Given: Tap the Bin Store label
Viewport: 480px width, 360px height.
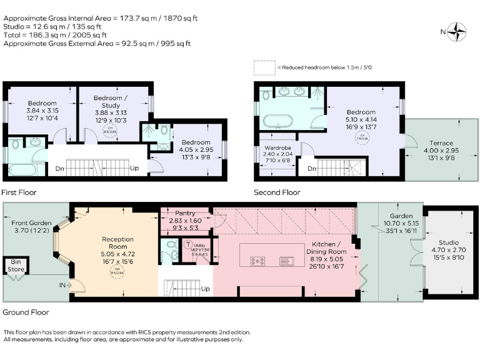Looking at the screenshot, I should click(x=13, y=265).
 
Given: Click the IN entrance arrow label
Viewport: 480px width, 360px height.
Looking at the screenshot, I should click(x=64, y=285).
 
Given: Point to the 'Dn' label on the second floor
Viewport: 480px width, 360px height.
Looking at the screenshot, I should click(x=311, y=169).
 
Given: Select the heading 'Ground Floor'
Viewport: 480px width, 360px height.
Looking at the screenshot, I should click(x=26, y=312).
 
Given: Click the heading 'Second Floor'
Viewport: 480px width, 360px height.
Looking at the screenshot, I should click(x=276, y=192).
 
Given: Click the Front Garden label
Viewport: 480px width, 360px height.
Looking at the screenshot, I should click(x=30, y=226).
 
